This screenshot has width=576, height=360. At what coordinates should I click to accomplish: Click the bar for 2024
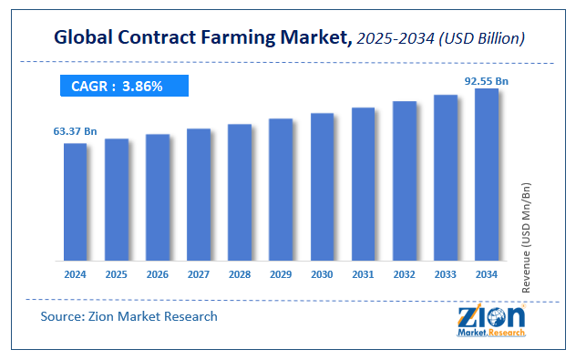tap(75, 201)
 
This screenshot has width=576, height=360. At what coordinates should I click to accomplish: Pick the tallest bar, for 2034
tap(487, 174)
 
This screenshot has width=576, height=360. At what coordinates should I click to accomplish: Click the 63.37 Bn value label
tap(75, 132)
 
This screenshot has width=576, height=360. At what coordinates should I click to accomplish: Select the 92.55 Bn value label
tap(487, 80)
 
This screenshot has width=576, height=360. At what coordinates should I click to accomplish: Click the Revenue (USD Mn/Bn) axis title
tap(526, 222)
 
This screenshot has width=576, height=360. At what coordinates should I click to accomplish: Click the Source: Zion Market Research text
tap(129, 316)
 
